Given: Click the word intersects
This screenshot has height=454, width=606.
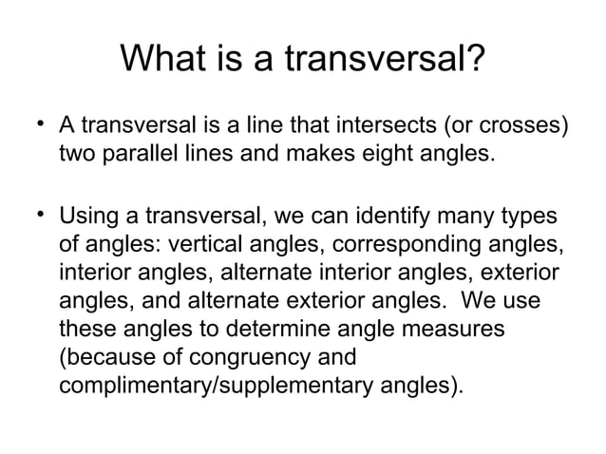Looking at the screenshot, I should (389, 126).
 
